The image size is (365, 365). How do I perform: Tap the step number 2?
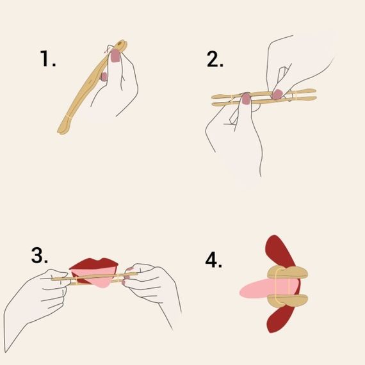click(215, 59)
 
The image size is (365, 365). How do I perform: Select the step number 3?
click(40, 255)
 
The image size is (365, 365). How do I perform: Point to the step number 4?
click(214, 261)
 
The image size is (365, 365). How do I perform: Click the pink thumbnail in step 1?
click(115, 57)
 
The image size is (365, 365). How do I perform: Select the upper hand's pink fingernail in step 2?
click(277, 93)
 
